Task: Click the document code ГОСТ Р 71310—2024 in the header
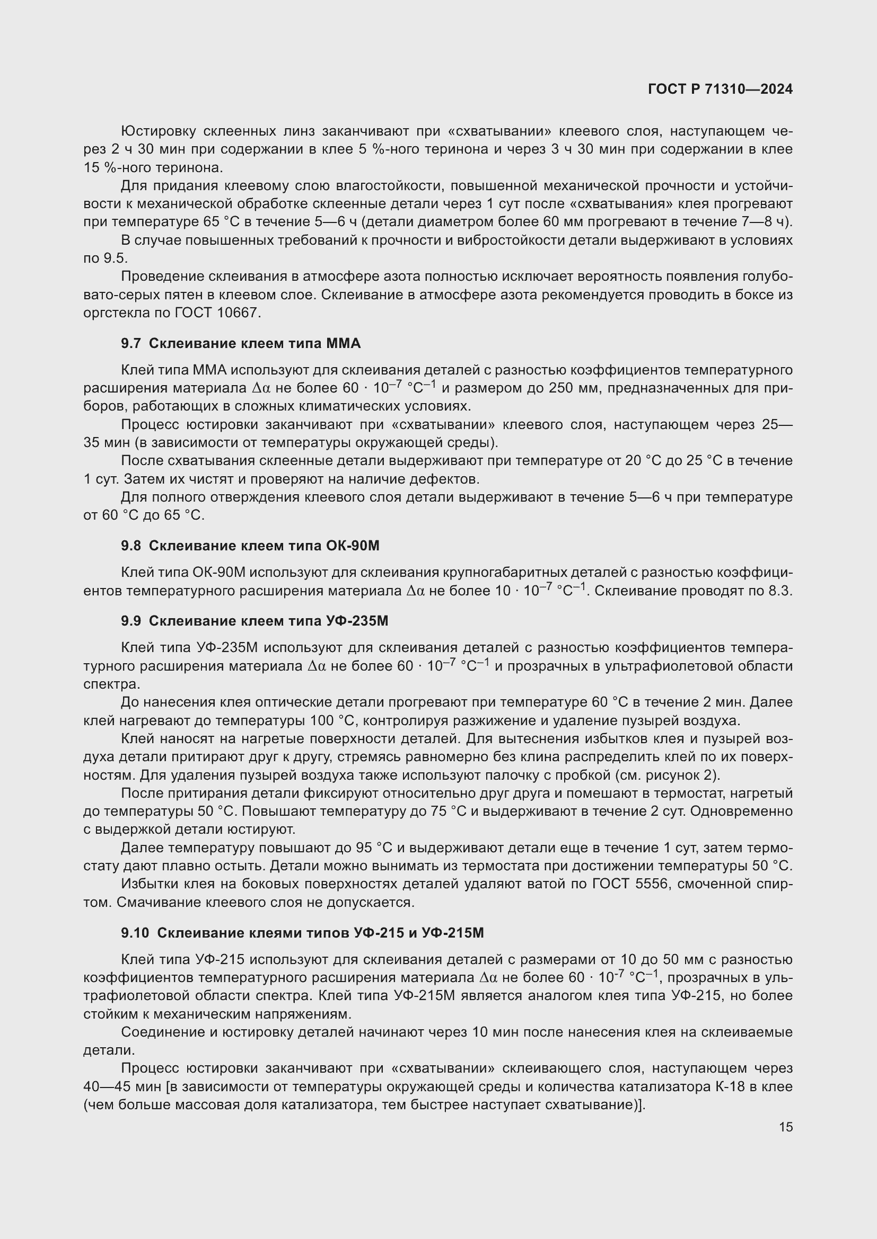[720, 89]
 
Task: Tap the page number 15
[786, 1127]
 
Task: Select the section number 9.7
[130, 343]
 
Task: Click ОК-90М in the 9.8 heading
[353, 546]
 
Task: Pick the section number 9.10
[135, 932]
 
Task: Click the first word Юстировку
[157, 131]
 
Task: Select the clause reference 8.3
[780, 591]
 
